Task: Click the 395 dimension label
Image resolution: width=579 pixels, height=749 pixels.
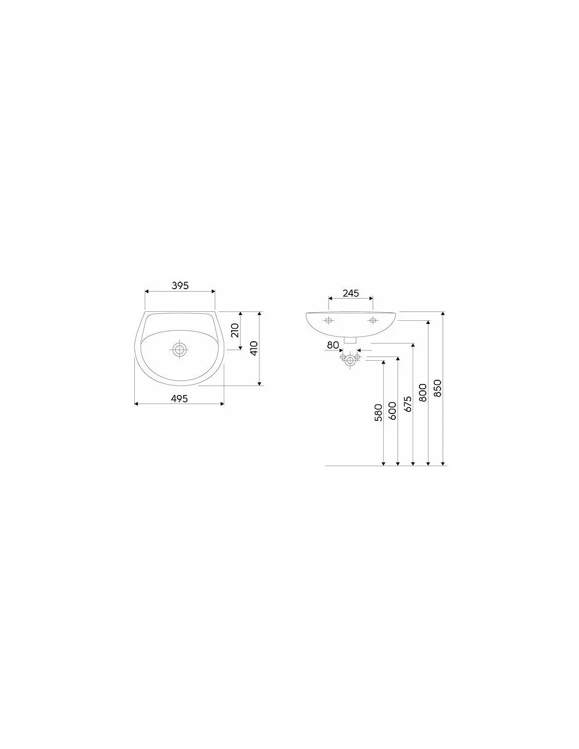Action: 180,285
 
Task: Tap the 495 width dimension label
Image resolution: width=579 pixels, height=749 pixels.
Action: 179,399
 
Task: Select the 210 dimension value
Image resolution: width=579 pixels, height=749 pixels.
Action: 235,331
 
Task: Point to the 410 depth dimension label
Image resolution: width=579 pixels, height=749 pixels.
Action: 254,348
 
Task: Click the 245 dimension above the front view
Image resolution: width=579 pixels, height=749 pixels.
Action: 351,293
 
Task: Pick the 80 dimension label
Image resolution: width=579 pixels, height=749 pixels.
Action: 333,345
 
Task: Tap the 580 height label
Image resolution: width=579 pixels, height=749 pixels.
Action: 378,412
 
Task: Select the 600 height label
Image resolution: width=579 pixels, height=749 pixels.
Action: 392,410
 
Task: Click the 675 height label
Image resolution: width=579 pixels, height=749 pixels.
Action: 407,404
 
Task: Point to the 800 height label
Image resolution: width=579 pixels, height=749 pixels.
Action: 423,392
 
